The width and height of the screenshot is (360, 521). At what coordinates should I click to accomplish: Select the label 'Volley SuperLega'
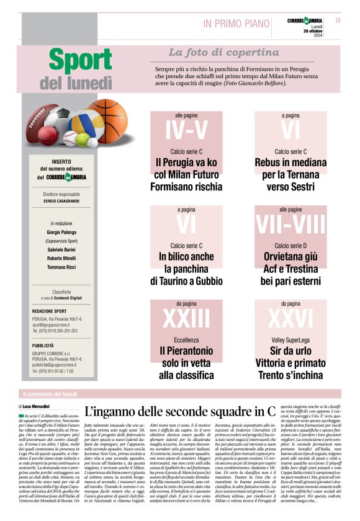290,340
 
